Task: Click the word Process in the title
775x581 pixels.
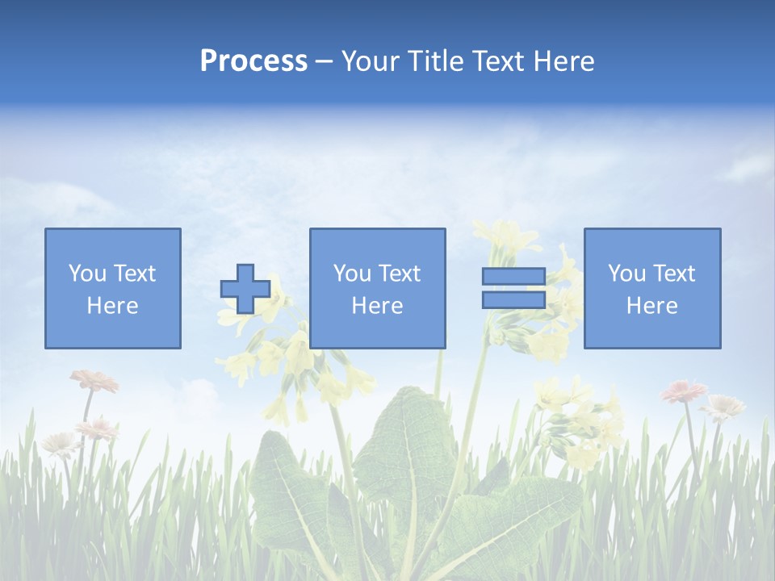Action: [x=253, y=61]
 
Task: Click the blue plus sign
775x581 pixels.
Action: [x=245, y=288]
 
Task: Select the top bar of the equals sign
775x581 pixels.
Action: [x=513, y=277]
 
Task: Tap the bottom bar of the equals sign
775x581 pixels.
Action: [x=513, y=300]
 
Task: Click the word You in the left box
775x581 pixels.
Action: [x=86, y=274]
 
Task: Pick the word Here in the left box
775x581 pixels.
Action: [x=112, y=306]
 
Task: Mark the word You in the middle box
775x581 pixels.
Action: [x=352, y=274]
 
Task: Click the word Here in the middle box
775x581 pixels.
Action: [x=377, y=306]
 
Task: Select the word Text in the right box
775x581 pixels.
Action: [x=673, y=274]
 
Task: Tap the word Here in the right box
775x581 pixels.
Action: [x=651, y=306]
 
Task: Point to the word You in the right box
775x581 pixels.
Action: [x=626, y=274]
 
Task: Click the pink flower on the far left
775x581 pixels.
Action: [x=94, y=379]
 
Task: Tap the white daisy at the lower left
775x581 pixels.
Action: [x=60, y=442]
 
